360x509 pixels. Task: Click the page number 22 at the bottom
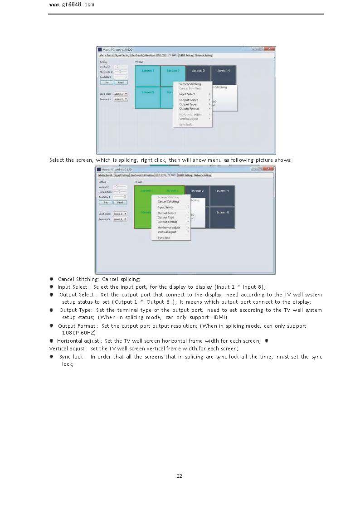[179, 476]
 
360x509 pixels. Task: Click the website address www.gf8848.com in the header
[71, 5]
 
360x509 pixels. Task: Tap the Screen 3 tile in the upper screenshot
[198, 71]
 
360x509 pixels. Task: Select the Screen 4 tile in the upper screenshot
[223, 71]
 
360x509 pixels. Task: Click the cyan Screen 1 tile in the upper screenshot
[147, 71]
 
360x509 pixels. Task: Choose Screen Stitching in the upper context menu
[190, 84]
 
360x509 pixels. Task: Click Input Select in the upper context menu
[187, 94]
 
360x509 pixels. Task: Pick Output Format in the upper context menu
[189, 109]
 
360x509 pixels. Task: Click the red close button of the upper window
[271, 49]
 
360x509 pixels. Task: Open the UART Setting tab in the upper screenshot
[185, 55]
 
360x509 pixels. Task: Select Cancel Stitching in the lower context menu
[168, 202]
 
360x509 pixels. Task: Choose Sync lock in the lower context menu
[164, 238]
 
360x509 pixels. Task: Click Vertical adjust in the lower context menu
[167, 232]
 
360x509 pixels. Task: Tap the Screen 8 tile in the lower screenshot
[222, 212]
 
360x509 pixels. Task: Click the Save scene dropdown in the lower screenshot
[120, 219]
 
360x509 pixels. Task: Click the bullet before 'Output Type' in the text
[52, 310]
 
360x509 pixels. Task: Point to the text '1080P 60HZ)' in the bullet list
[79, 333]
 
